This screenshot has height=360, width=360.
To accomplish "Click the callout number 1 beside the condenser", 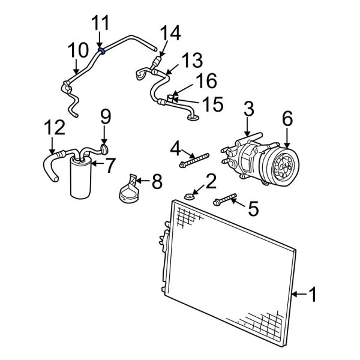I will tap(316, 294).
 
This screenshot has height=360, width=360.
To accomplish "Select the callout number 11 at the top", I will tap(100, 24).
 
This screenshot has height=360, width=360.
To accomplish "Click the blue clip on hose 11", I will tap(103, 52).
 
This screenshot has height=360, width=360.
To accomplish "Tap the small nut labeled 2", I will tap(189, 195).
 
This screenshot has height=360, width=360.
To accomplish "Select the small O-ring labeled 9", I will tap(104, 145).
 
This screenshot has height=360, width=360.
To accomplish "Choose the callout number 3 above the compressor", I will tap(248, 109).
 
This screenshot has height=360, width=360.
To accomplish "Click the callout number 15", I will tap(211, 105).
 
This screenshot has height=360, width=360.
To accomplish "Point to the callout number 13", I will tap(191, 60).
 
